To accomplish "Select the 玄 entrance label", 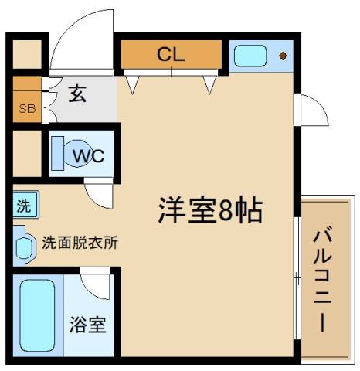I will tap(77, 94).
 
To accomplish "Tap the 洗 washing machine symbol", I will tap(24, 206).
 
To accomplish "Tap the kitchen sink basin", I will tap(250, 56).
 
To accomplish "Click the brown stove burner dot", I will tap(283, 56).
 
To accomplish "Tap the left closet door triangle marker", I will tap(132, 84).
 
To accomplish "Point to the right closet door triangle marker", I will tap(208, 84).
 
